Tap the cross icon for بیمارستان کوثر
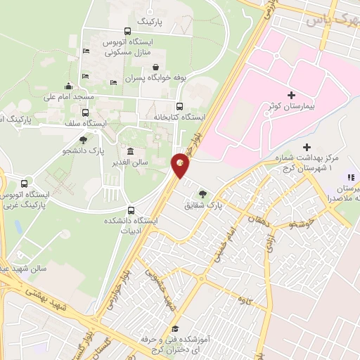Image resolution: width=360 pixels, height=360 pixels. coord(292,94)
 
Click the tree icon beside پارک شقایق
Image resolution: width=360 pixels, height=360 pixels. coord(203,193)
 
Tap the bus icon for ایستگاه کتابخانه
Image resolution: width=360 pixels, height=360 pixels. coord(179,107)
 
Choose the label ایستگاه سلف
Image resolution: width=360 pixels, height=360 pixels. coord(85,123)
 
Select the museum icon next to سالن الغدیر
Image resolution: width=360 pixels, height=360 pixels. coord(131,151)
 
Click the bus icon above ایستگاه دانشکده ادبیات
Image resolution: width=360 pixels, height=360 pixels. coord(131,210)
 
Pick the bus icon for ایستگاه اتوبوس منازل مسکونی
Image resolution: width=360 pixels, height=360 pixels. coord(127,31)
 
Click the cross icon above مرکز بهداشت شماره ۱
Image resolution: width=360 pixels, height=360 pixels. coord(307,146)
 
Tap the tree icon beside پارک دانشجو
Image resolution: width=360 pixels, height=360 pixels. coord(83,140)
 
